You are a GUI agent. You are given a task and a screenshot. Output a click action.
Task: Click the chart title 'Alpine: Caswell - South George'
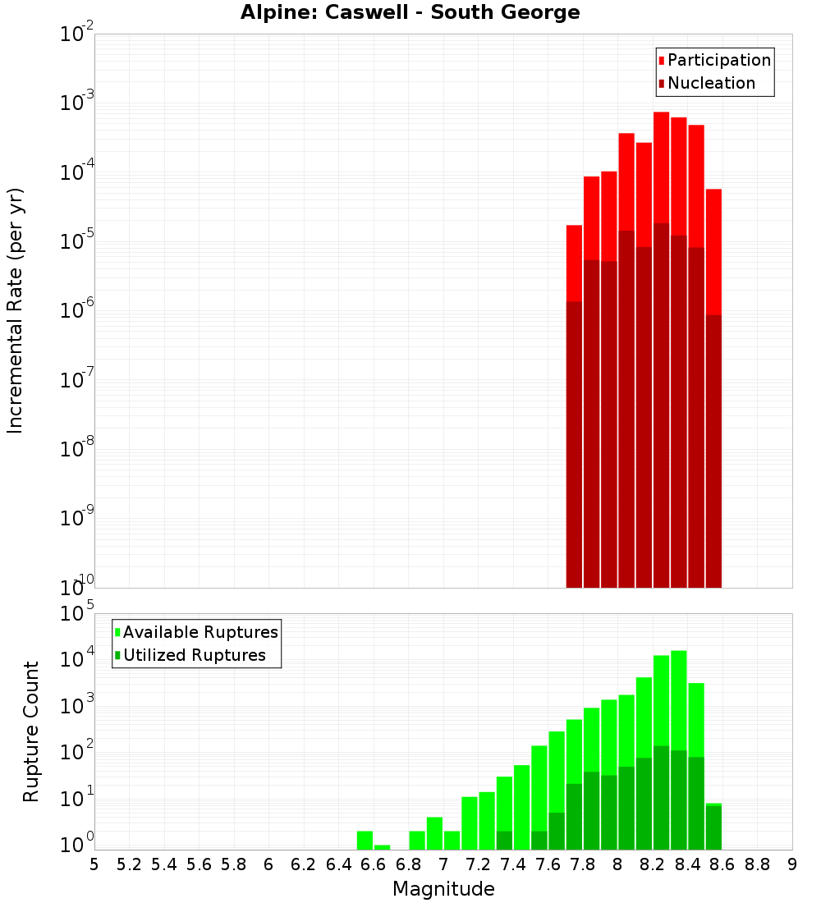[410, 13]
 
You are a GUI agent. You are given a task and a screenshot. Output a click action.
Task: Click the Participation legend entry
[714, 60]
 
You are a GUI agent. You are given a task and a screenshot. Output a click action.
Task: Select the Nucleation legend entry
[706, 83]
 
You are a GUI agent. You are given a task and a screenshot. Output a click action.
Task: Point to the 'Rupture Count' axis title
[31, 731]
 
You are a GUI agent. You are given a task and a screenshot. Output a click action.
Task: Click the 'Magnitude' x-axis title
[443, 889]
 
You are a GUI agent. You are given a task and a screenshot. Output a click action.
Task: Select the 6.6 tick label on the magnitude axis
[374, 864]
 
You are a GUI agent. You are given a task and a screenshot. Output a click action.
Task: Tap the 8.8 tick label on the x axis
[757, 864]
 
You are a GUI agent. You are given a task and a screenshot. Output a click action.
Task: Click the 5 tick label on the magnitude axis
[94, 864]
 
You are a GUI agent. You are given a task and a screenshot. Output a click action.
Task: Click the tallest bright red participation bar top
[661, 114]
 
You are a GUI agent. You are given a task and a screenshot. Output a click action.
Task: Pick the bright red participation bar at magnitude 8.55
[713, 246]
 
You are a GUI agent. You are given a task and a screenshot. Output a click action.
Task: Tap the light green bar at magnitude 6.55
[365, 840]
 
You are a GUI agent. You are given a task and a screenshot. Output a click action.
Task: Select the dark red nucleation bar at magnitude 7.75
[574, 443]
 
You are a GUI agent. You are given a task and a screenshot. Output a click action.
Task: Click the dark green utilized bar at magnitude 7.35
[504, 841]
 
